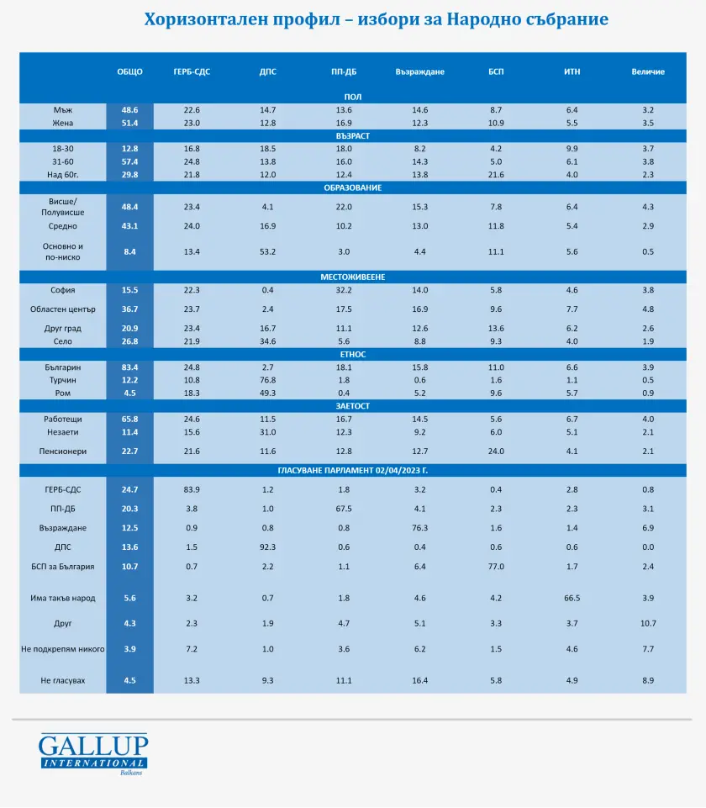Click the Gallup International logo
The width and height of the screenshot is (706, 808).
[x=92, y=754]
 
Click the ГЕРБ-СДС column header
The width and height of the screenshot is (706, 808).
[x=192, y=71]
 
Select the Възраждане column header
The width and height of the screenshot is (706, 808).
[x=420, y=71]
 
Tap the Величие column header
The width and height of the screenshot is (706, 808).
[x=648, y=71]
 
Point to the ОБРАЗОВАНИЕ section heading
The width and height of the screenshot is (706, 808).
[x=352, y=187]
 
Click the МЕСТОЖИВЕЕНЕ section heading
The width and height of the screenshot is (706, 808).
[x=352, y=277]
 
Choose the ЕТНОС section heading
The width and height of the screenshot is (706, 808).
[x=352, y=354]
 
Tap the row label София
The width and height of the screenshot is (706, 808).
[x=63, y=290]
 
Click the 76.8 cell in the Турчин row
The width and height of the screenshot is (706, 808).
[x=268, y=380]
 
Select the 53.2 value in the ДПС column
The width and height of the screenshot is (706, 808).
[x=268, y=251]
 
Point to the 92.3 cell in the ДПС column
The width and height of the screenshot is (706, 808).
[x=268, y=547]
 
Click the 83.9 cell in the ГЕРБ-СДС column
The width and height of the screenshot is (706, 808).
[x=192, y=489]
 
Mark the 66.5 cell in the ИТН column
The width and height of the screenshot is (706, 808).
[x=572, y=598]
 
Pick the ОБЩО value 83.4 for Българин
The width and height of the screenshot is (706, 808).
[x=129, y=367]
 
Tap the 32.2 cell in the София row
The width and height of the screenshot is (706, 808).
[x=344, y=290]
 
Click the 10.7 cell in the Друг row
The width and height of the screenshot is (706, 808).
[x=648, y=623]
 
